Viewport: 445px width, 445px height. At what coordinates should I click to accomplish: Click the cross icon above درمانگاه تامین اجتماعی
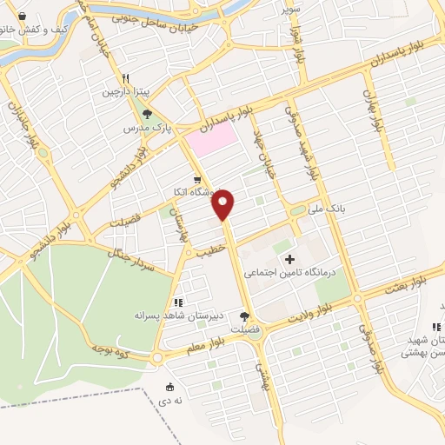[289, 259]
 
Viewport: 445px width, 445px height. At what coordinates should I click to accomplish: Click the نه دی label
[169, 402]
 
